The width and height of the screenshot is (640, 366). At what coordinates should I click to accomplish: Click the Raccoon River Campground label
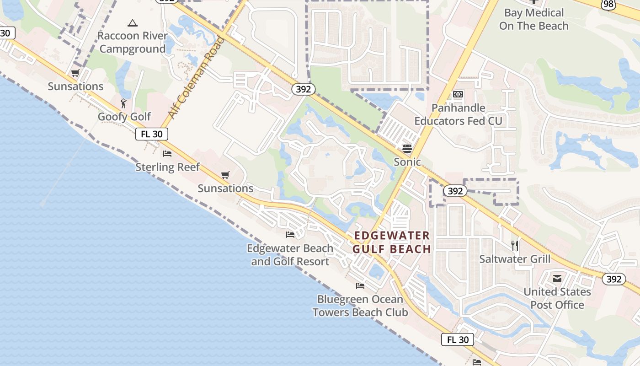[x=132, y=42]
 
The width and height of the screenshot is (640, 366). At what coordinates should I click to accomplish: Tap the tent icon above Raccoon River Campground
[x=133, y=23]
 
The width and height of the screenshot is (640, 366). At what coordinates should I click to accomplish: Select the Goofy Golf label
[x=124, y=117]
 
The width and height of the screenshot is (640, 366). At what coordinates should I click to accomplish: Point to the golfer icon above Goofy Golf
[x=123, y=103]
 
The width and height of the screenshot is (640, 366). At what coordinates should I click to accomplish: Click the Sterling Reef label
[x=167, y=167]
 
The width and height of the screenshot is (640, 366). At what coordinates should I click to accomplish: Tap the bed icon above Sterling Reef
[x=167, y=154]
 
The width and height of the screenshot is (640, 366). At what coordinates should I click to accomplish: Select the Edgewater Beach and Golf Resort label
[x=290, y=255]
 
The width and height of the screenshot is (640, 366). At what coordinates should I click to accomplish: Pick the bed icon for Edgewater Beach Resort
[x=290, y=235]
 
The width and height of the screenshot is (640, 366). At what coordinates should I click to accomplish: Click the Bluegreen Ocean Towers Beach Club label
[x=360, y=306]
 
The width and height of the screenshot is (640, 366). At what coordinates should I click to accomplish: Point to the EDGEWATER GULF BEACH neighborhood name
[x=392, y=242]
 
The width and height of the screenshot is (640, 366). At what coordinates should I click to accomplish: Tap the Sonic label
[x=407, y=162]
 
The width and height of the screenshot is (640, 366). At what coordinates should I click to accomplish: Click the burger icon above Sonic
[x=407, y=148]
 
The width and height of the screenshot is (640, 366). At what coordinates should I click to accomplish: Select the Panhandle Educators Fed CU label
[x=458, y=114]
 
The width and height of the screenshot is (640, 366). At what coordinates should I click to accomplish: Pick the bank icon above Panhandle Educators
[x=458, y=95]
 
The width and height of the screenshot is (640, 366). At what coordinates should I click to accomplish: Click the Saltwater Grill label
[x=515, y=259]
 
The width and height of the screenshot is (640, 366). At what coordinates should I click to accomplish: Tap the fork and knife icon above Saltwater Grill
[x=515, y=245]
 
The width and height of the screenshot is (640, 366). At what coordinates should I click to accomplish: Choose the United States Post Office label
[x=557, y=298]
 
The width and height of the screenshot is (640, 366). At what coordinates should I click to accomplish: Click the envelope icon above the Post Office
[x=557, y=279]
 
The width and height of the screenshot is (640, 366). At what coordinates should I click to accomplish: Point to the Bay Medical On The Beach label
[x=534, y=19]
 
